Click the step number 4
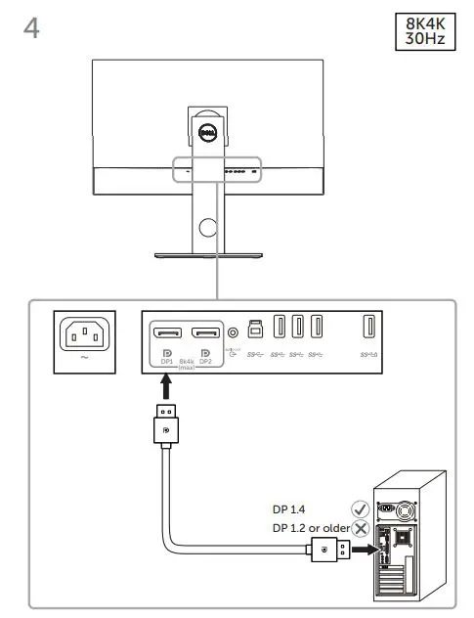point(31,28)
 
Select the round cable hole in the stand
point(206,228)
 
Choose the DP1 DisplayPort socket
point(168,331)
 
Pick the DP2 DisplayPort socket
point(205,331)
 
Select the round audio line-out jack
point(232,330)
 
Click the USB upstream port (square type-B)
point(256,328)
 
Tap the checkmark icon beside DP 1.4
point(360,509)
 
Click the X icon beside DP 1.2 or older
point(360,529)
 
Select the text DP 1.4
point(289,509)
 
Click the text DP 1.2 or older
point(310,529)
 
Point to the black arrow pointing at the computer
point(363,551)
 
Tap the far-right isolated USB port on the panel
point(369,328)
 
